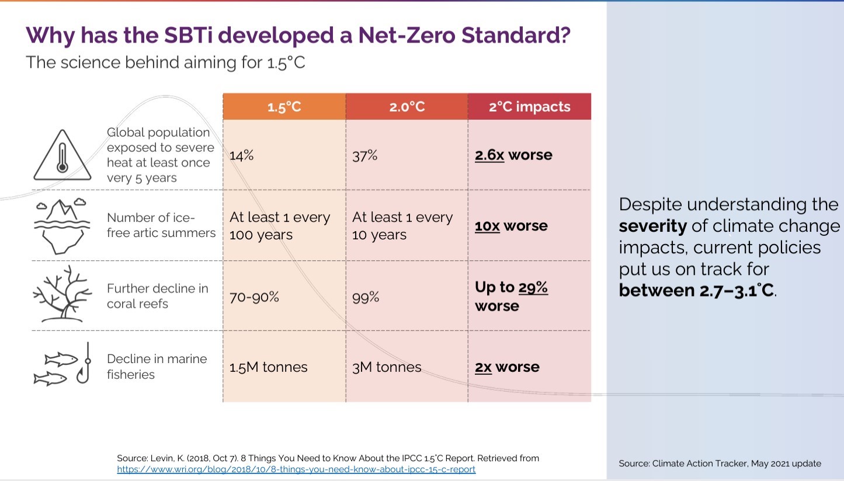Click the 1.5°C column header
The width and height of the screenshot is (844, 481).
(284, 107)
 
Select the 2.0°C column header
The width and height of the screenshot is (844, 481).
(407, 107)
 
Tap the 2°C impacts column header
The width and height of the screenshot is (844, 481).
(529, 107)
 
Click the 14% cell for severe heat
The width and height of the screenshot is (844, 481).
(242, 156)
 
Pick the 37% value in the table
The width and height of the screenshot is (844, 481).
(364, 156)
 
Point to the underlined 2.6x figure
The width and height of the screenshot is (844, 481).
(489, 155)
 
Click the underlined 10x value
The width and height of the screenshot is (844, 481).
(487, 226)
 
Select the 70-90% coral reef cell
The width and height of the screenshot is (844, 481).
(254, 297)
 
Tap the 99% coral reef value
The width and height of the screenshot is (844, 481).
(366, 297)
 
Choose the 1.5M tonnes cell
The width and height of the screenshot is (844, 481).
(268, 367)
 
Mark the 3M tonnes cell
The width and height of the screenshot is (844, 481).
(387, 367)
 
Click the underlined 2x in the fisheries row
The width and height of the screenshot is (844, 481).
(483, 367)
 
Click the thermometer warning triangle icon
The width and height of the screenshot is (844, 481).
(62, 156)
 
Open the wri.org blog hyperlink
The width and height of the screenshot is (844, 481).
(296, 469)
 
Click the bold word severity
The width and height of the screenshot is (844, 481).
(652, 226)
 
